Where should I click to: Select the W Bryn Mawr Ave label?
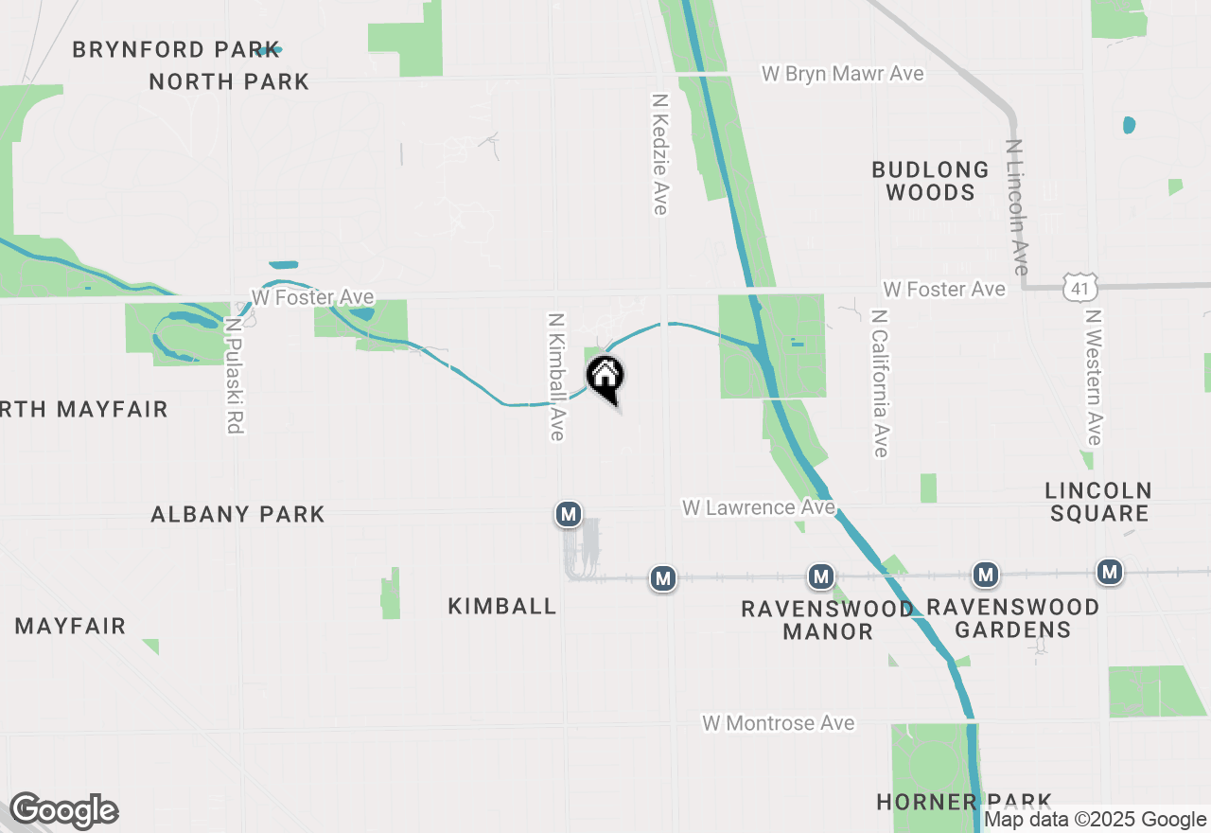(x=843, y=74)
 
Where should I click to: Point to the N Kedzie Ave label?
(x=660, y=153)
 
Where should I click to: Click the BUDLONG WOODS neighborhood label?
(x=930, y=181)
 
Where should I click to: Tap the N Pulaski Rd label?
(x=233, y=375)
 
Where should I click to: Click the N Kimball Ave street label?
(x=556, y=377)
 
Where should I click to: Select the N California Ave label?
(x=880, y=383)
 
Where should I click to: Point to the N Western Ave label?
(x=1094, y=377)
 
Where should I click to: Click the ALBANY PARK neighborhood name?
(x=238, y=514)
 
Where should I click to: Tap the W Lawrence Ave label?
(x=759, y=508)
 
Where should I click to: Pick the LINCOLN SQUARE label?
(x=1098, y=502)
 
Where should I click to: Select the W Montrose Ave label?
(x=778, y=723)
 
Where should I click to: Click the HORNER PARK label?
(x=963, y=802)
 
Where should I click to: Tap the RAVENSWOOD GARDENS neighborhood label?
(x=1012, y=618)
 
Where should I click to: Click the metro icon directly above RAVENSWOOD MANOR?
(x=820, y=576)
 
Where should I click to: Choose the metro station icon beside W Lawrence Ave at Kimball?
(x=568, y=514)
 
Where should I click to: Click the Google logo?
(x=63, y=811)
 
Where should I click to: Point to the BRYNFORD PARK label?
(x=176, y=49)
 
